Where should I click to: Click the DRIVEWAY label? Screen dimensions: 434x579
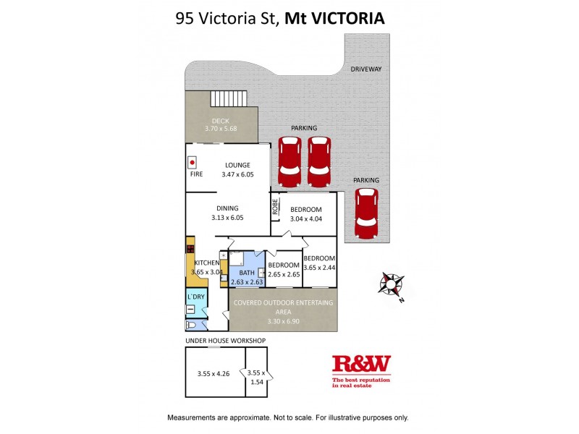click(x=365, y=69)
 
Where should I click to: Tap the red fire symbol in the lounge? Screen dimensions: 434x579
click(x=193, y=162)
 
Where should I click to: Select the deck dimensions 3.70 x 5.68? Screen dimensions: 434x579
click(x=221, y=129)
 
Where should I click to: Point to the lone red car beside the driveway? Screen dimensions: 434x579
click(x=366, y=213)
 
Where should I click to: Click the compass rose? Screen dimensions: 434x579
click(x=392, y=284)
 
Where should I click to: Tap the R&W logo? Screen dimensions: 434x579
click(x=361, y=364)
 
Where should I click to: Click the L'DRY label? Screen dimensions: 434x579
click(x=195, y=297)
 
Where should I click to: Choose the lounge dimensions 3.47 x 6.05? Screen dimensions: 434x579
click(x=237, y=175)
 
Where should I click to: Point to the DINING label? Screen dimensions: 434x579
click(x=227, y=208)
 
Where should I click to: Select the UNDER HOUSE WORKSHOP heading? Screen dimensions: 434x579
click(x=225, y=340)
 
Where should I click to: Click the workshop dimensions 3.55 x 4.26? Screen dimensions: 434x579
click(x=214, y=374)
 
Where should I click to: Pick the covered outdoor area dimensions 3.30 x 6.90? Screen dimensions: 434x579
click(x=284, y=320)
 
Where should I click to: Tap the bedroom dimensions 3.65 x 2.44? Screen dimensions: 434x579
click(x=319, y=268)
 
